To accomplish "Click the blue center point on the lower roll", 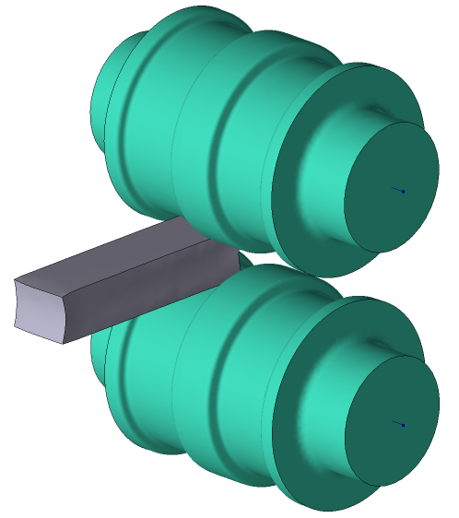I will pyautogui.click(x=404, y=425).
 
